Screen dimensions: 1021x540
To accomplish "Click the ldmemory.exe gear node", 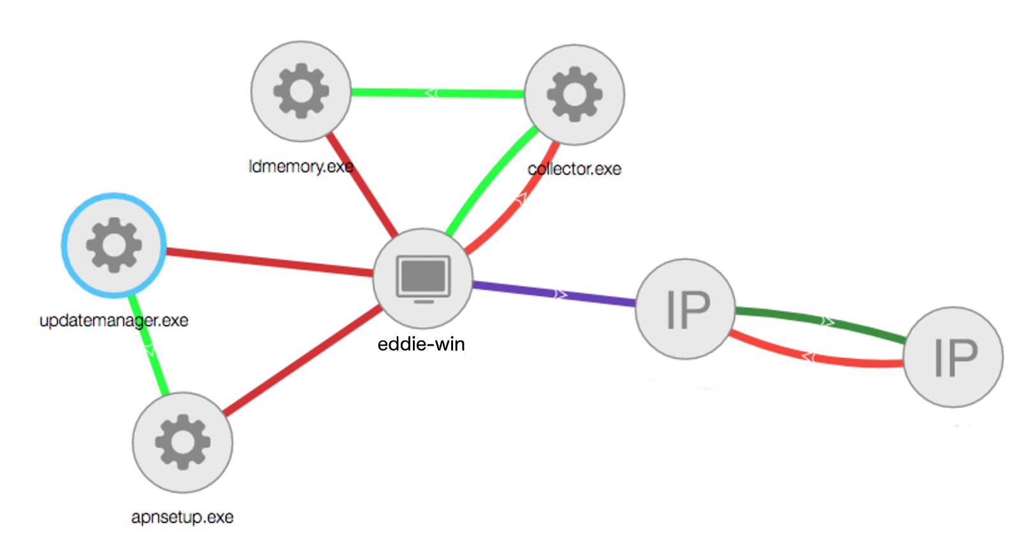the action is click(x=301, y=91).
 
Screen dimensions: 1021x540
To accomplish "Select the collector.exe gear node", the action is click(x=574, y=94).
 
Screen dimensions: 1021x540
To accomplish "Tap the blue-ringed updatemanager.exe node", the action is click(x=114, y=245).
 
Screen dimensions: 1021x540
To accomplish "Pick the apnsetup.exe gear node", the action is click(x=183, y=442).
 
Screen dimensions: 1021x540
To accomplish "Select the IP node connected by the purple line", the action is click(x=686, y=309).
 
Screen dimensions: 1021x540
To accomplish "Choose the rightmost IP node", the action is click(x=953, y=357).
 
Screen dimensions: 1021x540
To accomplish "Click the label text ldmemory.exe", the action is click(x=301, y=166).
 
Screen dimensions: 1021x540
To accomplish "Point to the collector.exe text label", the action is click(x=574, y=169).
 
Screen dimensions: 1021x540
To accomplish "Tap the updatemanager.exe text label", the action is click(x=114, y=320).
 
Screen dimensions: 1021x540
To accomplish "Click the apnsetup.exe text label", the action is click(x=183, y=517).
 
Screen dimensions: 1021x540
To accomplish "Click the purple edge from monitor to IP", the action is click(x=555, y=293).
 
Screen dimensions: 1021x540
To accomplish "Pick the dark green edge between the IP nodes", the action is click(x=823, y=320).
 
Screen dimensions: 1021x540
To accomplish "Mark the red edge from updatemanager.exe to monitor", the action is click(x=268, y=262).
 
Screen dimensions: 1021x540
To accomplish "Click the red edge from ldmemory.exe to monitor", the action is click(x=362, y=185).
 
